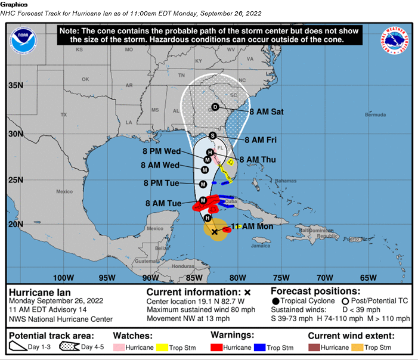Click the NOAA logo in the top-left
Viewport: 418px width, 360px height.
(x=23, y=40)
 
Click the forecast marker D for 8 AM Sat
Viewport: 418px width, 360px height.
(x=215, y=107)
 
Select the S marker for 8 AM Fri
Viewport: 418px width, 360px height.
(x=212, y=136)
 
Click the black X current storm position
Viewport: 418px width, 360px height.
(x=215, y=232)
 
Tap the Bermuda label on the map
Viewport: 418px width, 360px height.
(x=375, y=115)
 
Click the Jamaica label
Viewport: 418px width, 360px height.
(x=261, y=245)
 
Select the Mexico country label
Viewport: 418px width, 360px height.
(x=64, y=191)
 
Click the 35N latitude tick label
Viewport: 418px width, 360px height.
(x=16, y=85)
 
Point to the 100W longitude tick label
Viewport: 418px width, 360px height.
(x=63, y=278)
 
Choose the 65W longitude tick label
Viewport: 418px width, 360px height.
(x=368, y=278)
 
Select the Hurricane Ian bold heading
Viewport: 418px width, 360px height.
(x=40, y=293)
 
